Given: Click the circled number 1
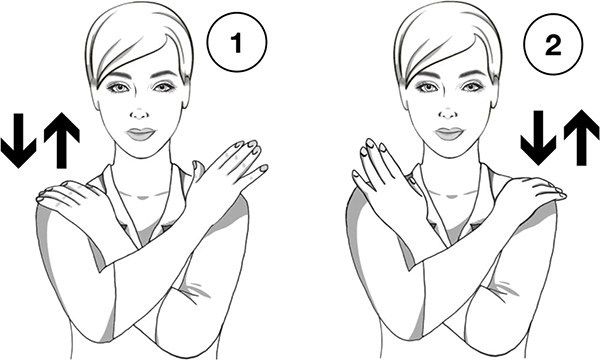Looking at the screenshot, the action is pos(237,42).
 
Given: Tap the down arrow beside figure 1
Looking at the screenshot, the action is pos(18,140).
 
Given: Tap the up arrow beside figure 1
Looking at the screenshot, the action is pos(62,140).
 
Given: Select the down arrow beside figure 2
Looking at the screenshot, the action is pos(538,138).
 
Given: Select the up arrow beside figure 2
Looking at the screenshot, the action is pos(581,137).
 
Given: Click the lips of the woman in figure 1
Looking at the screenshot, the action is pos(141,134).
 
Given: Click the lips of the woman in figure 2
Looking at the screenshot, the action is pos(450,134).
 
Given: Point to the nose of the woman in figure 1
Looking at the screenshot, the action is pos(140,113).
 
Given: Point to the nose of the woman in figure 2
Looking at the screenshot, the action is pos(448,113).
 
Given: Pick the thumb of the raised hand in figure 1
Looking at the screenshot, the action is pos(198,172).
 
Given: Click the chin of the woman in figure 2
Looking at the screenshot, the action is pos(450,151).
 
